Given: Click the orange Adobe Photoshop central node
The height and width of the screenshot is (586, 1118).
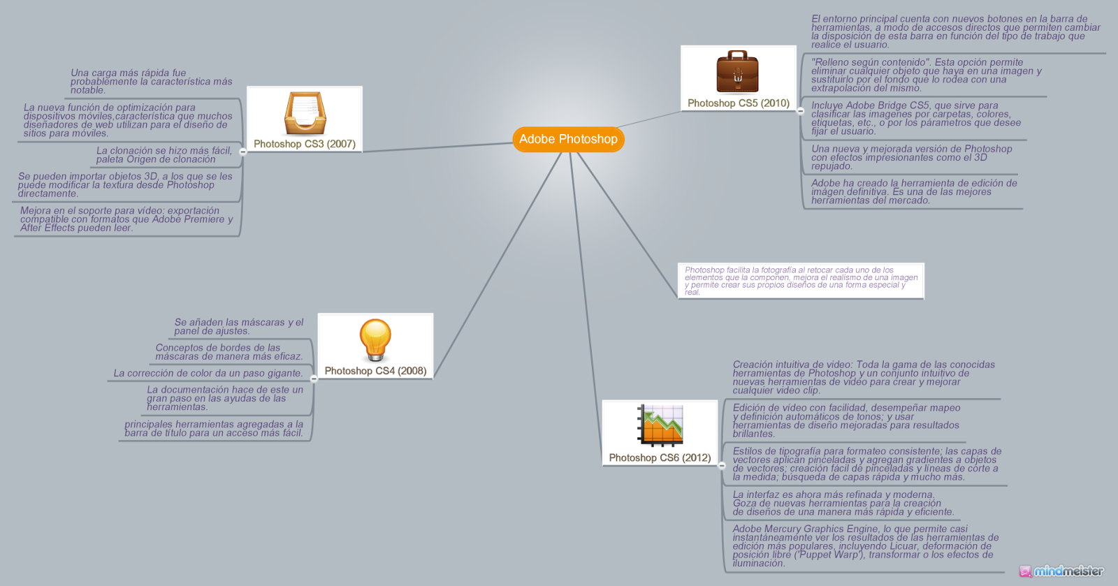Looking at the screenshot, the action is coord(568,139).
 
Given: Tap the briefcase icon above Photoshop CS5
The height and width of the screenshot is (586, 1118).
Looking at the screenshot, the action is coord(737,71).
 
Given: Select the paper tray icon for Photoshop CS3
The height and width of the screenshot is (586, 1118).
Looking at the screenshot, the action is coord(304,113).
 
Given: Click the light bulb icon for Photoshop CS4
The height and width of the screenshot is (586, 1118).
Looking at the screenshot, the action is coord(375,340).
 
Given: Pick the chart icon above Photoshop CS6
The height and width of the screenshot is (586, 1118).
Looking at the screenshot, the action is coord(660,425).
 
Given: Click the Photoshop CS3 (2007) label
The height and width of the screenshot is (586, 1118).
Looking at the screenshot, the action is coord(305,144).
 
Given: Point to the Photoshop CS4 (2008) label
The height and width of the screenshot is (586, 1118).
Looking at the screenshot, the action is coord(375,371).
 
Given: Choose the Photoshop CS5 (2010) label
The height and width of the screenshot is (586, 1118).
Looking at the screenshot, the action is coord(739,103).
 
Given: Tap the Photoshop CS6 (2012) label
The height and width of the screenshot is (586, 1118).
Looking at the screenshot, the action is coord(660,458).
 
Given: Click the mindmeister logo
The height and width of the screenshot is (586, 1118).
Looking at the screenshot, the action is coord(1061,571).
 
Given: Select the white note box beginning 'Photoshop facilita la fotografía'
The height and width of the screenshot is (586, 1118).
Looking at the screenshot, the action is coord(801,281).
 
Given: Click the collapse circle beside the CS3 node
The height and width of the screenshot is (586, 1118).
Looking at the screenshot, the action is coord(242,152).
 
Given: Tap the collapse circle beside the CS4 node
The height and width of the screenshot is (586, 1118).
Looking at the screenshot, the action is coord(314,379).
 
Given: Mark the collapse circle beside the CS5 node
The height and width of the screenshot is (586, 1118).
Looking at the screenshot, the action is coord(800,111).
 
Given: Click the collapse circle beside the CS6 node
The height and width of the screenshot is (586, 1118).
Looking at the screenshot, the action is coord(722,466).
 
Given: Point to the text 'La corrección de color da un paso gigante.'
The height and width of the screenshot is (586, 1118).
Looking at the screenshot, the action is coord(208,374).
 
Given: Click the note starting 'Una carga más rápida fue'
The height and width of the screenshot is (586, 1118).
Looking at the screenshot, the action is coord(151,82).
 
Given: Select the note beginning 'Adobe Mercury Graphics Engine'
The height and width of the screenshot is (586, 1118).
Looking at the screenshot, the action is coord(865,546).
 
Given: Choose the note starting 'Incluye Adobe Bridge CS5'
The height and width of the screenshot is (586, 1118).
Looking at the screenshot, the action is coord(915,119).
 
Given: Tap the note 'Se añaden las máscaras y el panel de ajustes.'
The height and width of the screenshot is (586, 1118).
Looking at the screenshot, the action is coord(239,327).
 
